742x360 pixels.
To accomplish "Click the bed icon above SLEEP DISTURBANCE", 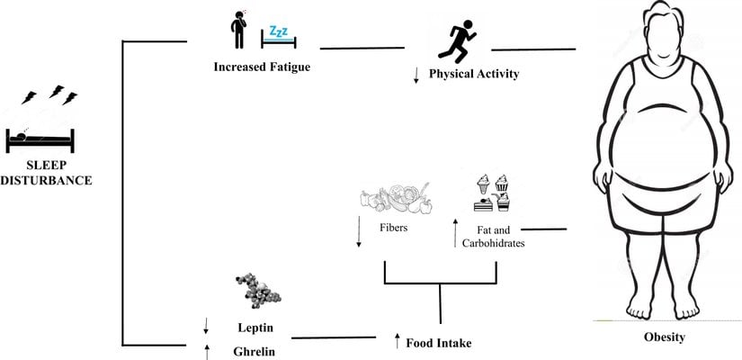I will click(x=40, y=139).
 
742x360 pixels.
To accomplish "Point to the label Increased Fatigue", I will click(x=255, y=67).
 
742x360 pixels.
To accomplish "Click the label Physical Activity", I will click(x=474, y=74).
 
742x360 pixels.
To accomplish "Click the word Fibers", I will click(x=392, y=228).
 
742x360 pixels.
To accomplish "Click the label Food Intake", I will click(x=439, y=343).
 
